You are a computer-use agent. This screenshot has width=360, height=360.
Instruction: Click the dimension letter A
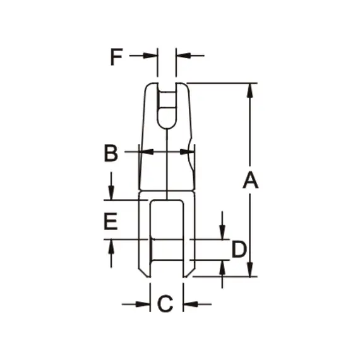point(251,181)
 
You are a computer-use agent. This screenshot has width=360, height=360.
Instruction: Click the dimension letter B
point(111,153)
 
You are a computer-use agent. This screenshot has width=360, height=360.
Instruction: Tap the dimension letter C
point(165,304)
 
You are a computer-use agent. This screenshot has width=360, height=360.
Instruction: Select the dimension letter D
point(238,249)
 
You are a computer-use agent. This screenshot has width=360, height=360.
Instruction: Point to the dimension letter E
point(111,221)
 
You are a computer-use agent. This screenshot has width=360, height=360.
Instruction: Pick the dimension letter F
point(116,57)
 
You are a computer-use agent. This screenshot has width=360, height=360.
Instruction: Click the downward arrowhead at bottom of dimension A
point(251,270)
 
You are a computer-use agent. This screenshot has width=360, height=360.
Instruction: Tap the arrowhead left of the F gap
point(152,56)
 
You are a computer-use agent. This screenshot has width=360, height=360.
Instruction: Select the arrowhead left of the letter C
point(145,304)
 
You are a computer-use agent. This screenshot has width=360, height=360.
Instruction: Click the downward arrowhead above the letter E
point(111,194)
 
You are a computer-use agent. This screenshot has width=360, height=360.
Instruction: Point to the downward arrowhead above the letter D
point(222,234)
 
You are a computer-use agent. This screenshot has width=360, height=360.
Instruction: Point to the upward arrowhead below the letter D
point(222,266)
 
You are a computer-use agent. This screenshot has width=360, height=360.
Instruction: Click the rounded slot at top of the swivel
point(167,107)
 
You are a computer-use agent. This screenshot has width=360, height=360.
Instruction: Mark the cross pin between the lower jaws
point(167,249)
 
